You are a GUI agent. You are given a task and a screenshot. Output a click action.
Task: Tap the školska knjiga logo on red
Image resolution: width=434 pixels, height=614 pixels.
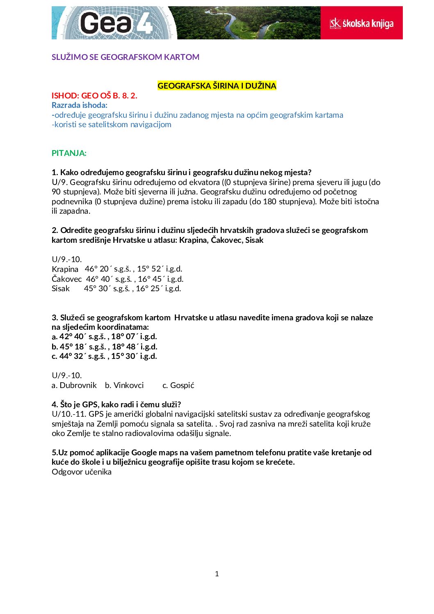(361, 23)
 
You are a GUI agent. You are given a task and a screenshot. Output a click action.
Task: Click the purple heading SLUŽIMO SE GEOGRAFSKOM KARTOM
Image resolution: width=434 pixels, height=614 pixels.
(126, 57)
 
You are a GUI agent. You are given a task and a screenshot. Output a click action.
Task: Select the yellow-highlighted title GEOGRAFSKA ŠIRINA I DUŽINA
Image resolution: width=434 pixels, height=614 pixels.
(217, 86)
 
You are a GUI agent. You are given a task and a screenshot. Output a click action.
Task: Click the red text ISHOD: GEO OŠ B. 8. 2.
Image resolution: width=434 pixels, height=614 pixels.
(94, 96)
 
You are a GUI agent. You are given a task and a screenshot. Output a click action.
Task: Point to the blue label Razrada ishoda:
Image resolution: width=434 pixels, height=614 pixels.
(80, 105)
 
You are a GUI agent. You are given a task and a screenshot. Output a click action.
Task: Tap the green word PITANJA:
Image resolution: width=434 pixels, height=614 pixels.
(69, 153)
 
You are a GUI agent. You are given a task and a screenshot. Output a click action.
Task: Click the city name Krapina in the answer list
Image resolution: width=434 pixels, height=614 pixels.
(65, 269)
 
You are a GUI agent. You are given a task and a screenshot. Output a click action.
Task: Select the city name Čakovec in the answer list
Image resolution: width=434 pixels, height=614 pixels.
(66, 279)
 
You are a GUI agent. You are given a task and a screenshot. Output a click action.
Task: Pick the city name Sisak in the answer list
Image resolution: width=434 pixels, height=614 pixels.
(61, 288)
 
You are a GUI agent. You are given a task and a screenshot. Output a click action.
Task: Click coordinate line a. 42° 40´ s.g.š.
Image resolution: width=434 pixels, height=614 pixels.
(104, 336)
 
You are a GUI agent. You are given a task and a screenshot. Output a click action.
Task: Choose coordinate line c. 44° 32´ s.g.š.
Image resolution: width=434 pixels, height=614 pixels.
(104, 356)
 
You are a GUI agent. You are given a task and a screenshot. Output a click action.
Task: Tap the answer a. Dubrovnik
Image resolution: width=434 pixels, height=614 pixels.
(74, 385)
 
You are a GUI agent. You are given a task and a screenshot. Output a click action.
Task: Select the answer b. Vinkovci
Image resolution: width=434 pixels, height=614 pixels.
(124, 385)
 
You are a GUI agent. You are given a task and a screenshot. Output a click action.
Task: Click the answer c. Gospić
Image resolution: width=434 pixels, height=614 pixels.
(178, 385)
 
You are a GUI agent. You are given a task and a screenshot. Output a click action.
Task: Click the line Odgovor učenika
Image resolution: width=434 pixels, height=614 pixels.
(82, 472)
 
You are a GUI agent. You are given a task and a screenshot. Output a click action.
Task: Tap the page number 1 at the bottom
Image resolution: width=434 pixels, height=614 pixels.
(217, 574)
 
